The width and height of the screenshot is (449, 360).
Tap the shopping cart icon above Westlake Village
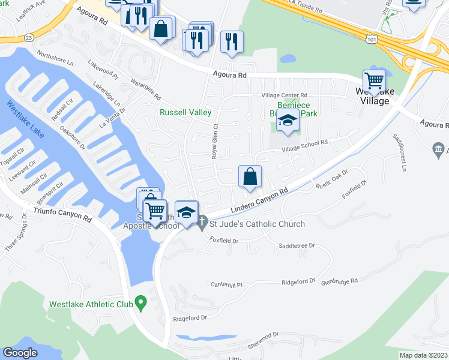pos(374,80)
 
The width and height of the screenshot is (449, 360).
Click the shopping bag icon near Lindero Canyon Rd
pos(250,176)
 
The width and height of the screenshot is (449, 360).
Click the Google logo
pos(20,353)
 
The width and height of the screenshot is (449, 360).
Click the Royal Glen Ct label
pos(214,141)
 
